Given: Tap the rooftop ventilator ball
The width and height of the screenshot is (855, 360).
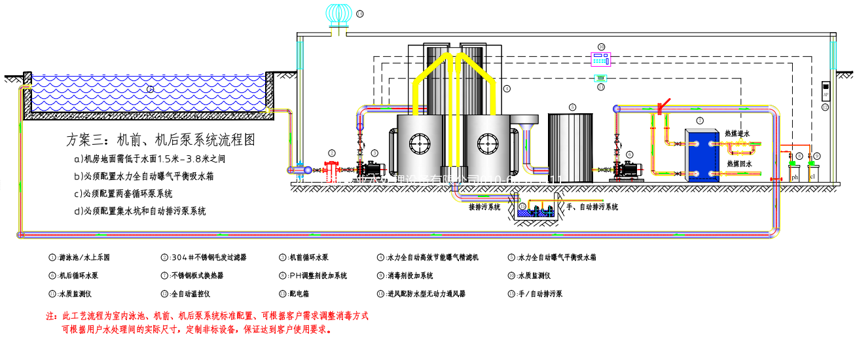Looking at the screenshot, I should (x=340, y=14).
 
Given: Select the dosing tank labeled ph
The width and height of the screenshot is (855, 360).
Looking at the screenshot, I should (x=795, y=171).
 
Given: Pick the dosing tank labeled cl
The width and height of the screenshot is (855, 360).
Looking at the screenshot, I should (x=812, y=171).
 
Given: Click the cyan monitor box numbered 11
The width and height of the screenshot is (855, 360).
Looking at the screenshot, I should (x=600, y=78).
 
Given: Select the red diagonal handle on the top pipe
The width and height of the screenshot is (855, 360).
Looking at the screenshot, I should (x=665, y=104).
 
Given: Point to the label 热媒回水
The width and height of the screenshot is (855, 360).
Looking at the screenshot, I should (x=740, y=164).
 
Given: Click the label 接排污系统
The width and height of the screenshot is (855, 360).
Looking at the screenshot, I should (x=484, y=207).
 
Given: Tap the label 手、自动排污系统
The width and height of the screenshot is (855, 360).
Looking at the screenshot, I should (x=592, y=207).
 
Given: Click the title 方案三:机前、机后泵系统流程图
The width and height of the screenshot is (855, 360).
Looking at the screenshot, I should (x=160, y=139).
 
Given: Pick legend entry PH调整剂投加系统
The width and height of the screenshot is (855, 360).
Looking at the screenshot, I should (x=318, y=276).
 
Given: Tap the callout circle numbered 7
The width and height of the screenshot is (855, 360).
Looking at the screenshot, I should (x=700, y=120).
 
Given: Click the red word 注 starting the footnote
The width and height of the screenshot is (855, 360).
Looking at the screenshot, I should (x=50, y=315).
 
